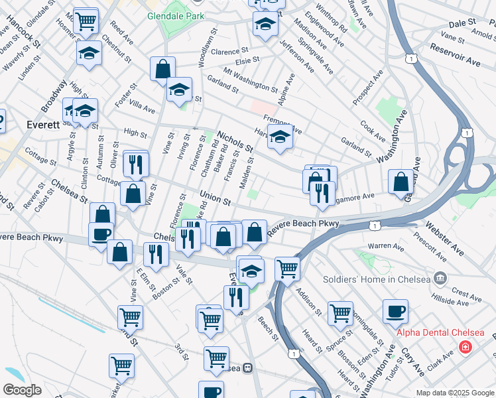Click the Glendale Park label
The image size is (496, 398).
[x=176, y=15]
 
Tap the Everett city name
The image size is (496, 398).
[x=44, y=125]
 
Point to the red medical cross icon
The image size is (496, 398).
[x=465, y=347]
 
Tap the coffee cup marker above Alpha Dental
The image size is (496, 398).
[x=395, y=310]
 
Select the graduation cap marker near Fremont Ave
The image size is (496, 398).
[x=280, y=137]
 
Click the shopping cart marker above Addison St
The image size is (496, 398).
[x=287, y=268]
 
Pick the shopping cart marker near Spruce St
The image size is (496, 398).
[x=340, y=312]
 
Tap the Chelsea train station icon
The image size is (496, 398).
[x=247, y=367]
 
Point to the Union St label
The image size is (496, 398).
[x=216, y=197]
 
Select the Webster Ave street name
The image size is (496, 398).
[x=450, y=241]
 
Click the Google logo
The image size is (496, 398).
[x=22, y=390]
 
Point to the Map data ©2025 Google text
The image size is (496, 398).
[x=455, y=393]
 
